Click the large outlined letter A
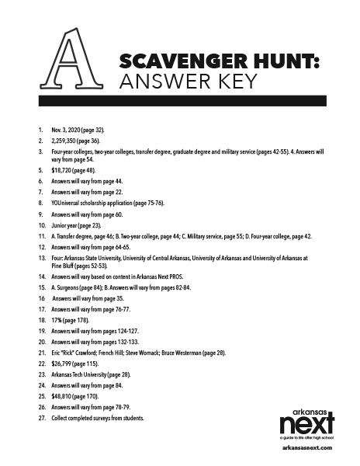tap(72, 60)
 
